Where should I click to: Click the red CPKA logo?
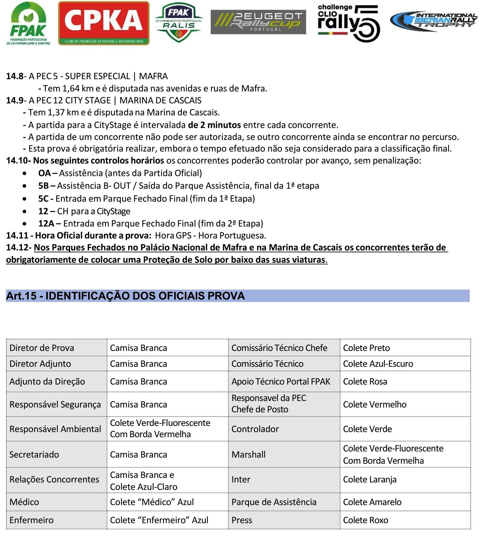click(104, 23)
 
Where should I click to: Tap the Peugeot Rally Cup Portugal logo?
click(258, 22)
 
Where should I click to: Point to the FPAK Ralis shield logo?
click(178, 22)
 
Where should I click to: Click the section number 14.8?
click(15, 76)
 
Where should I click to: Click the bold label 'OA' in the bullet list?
click(44, 173)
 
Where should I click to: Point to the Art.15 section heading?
click(126, 296)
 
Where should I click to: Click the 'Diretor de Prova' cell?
click(42, 348)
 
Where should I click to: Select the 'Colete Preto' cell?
click(366, 348)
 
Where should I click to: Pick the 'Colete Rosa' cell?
click(365, 382)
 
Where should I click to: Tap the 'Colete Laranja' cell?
click(370, 480)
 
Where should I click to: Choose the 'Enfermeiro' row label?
click(31, 520)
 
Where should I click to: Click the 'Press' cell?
click(242, 520)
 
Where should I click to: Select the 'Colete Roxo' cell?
click(365, 520)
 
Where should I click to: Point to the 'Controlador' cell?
click(255, 429)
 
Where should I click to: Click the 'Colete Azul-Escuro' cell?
click(378, 364)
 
